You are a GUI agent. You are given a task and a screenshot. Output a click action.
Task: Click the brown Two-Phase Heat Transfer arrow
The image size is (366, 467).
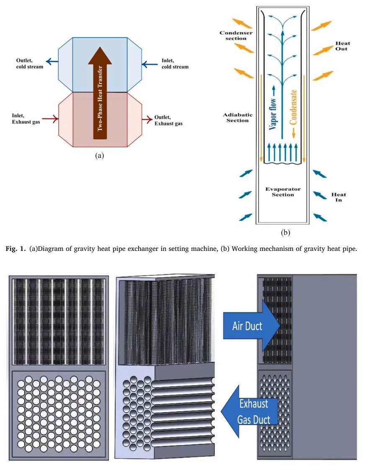pos(100,96)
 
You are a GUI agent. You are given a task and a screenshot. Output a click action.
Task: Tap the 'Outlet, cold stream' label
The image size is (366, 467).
pos(27,64)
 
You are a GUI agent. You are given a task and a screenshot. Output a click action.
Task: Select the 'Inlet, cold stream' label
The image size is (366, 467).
pos(175,64)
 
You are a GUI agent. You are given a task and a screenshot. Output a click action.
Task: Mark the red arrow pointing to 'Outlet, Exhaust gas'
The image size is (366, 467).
pos(147,120)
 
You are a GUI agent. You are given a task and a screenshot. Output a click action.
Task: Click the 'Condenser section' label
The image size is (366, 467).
pos(233,36)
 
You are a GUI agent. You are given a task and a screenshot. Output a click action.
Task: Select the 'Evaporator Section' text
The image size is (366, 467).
pos(283,192)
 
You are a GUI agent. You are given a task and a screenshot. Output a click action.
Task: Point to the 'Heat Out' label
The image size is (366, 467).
pos(343,46)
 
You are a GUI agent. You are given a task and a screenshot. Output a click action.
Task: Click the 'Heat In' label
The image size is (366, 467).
pos(339,197)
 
